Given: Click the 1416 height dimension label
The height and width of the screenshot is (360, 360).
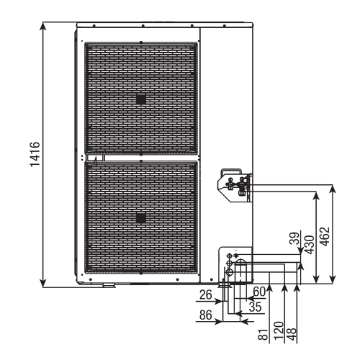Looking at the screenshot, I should pyautogui.click(x=34, y=154).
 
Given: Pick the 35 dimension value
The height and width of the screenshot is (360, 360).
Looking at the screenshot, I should pyautogui.click(x=253, y=305).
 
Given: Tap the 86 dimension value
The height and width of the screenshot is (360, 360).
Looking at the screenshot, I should pyautogui.click(x=206, y=315).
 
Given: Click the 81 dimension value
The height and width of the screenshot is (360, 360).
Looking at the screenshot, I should pyautogui.click(x=264, y=332).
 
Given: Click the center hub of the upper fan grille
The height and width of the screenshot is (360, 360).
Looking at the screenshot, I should pyautogui.click(x=141, y=99).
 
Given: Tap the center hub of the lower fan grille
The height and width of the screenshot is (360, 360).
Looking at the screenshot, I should pyautogui.click(x=141, y=217).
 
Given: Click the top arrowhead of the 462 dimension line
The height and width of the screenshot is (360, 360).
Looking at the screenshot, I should pyautogui.click(x=333, y=189).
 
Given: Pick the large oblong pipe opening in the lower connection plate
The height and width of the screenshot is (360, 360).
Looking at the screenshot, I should pyautogui.click(x=241, y=270).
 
